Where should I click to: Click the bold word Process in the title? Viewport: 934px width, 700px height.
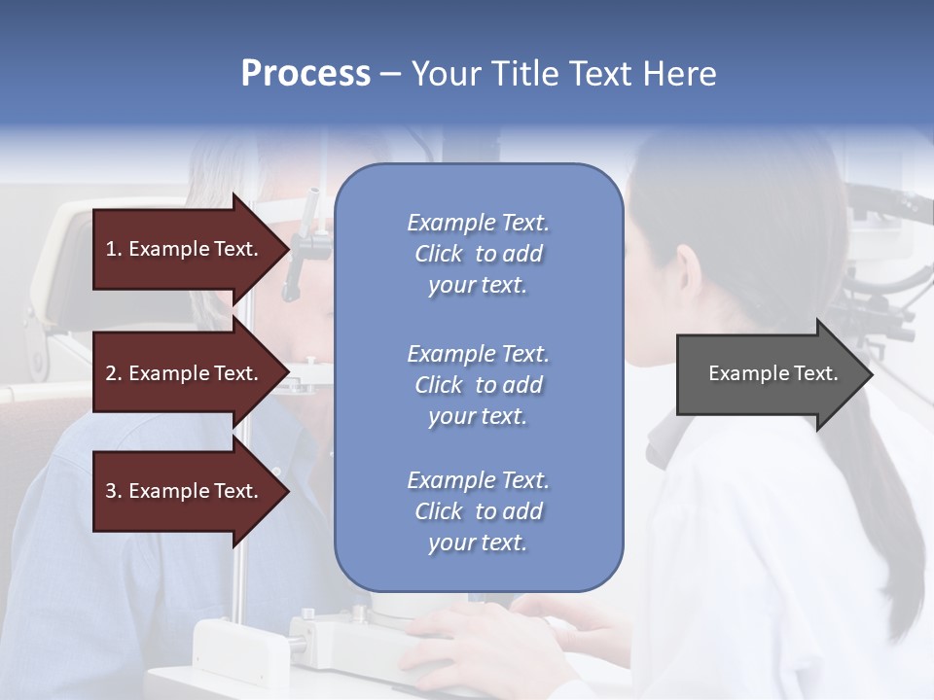point(305,74)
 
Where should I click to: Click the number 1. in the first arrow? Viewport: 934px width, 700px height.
point(114,249)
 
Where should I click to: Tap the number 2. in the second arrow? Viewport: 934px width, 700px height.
point(114,373)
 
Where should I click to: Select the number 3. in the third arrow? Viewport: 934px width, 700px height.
point(114,491)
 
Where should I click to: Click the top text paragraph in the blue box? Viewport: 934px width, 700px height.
point(478,254)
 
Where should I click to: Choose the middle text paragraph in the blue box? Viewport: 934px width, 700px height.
point(478,385)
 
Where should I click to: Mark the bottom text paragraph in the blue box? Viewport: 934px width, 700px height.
point(478,511)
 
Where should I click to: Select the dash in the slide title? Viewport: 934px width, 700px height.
point(391,74)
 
